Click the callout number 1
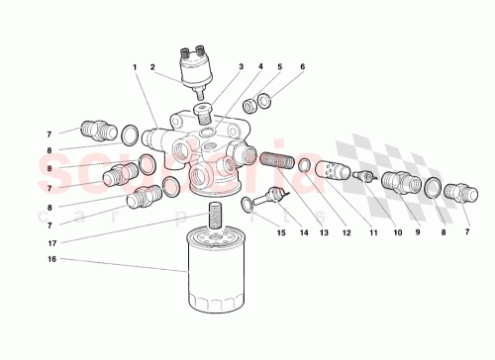(x=135, y=67)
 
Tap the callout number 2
(x=152, y=67)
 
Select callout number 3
(x=240, y=67)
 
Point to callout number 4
(x=259, y=67)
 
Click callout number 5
(x=280, y=67)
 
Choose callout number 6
(x=302, y=67)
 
